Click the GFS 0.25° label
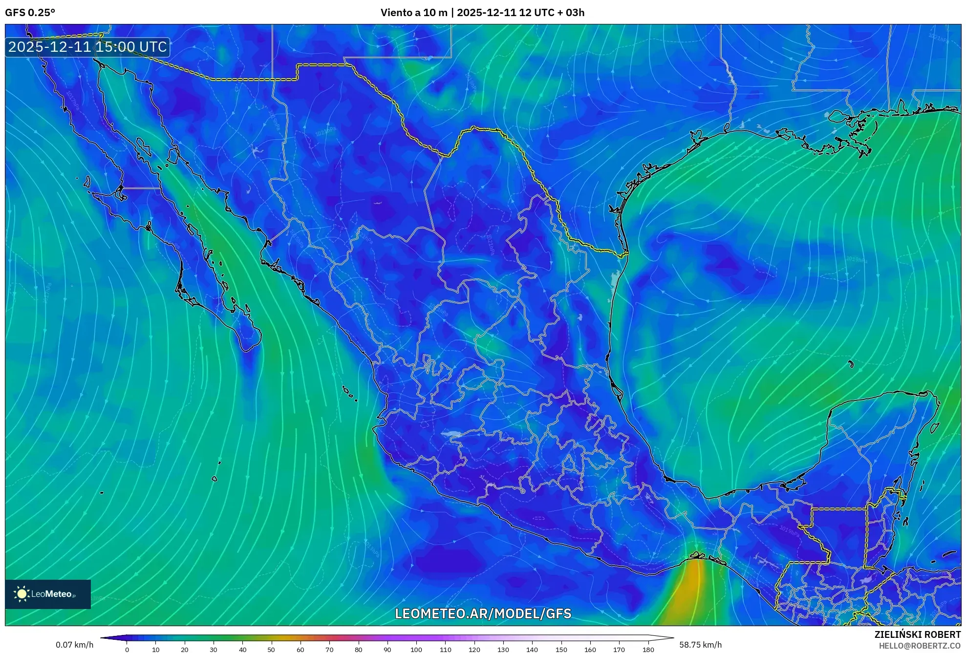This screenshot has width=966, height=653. (x=30, y=13)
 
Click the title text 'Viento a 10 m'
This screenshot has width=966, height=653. (x=413, y=13)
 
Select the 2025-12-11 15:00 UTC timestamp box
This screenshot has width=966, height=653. (x=87, y=47)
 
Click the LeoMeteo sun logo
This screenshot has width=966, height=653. (x=21, y=593)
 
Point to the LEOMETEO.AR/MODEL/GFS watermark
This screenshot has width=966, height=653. (x=483, y=613)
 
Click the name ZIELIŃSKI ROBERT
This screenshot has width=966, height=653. (x=917, y=634)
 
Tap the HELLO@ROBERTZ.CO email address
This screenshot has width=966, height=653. (x=920, y=646)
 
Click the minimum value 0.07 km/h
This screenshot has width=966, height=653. (x=74, y=645)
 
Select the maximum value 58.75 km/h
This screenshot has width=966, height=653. (x=700, y=645)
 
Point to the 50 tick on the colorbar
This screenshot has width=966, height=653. (x=271, y=649)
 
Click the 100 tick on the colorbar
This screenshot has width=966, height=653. (x=416, y=649)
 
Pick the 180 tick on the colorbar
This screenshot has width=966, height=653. (x=648, y=649)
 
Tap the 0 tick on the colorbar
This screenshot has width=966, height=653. (x=127, y=649)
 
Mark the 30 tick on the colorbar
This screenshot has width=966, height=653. (x=214, y=649)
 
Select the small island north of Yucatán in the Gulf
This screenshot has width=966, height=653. (x=851, y=364)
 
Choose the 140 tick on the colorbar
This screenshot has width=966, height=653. (x=532, y=649)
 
